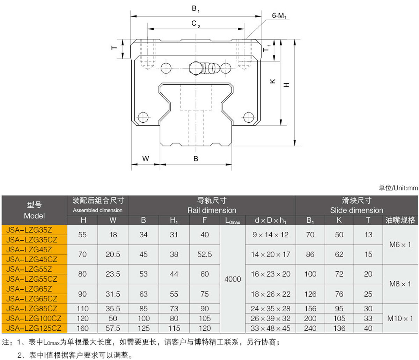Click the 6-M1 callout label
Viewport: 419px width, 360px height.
click(x=280, y=16)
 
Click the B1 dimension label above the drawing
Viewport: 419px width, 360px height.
click(x=196, y=9)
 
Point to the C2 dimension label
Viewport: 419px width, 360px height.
click(x=196, y=24)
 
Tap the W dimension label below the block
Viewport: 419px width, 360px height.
click(x=146, y=158)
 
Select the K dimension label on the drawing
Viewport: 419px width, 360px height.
click(x=273, y=81)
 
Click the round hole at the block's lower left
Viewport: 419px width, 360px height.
click(x=142, y=116)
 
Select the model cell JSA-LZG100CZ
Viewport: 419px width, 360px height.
click(x=34, y=318)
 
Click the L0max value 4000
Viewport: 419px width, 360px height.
click(x=233, y=279)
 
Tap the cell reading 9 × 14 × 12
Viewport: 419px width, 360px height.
click(x=271, y=235)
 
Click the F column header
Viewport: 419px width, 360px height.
click(x=205, y=220)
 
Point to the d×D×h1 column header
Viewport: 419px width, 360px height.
click(x=271, y=220)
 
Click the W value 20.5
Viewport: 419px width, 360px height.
click(x=113, y=254)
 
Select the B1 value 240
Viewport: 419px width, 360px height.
click(x=310, y=328)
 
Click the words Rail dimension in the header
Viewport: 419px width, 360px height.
click(x=212, y=210)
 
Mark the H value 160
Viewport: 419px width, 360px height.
click(x=82, y=328)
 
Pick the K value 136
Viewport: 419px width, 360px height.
click(x=339, y=328)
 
